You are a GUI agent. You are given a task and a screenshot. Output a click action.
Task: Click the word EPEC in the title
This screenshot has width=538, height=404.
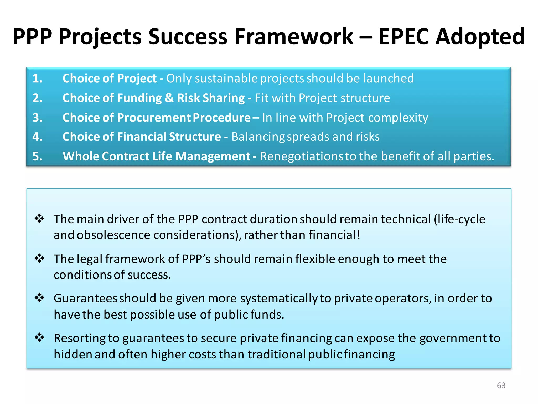(x=403, y=37)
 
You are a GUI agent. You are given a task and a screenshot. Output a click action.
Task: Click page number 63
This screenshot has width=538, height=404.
(x=501, y=385)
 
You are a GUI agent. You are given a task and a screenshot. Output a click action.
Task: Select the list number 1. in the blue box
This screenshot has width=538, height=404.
(x=37, y=78)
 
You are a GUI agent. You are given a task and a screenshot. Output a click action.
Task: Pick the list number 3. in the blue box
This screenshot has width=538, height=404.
(x=37, y=117)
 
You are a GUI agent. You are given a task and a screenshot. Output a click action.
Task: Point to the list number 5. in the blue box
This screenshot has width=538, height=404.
(x=37, y=156)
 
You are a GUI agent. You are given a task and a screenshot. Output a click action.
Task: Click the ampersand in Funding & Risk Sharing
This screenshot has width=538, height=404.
(x=169, y=98)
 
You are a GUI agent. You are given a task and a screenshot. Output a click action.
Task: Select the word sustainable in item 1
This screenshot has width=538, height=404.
(x=226, y=78)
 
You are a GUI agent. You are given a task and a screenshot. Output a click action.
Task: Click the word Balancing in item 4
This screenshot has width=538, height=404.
(x=258, y=137)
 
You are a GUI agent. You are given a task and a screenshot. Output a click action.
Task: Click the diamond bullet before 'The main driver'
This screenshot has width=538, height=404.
(x=40, y=219)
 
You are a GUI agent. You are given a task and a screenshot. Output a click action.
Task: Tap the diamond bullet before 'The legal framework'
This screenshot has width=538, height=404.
(x=40, y=258)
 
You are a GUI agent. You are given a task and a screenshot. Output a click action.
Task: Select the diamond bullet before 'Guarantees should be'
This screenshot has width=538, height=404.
(x=40, y=298)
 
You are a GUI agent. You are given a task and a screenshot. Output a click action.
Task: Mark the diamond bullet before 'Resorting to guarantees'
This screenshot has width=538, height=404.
(x=40, y=338)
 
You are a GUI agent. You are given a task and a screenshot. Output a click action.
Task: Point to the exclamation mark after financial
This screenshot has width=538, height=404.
(x=359, y=235)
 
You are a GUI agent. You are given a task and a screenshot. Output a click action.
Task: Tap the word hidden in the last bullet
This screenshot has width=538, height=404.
(x=73, y=354)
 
